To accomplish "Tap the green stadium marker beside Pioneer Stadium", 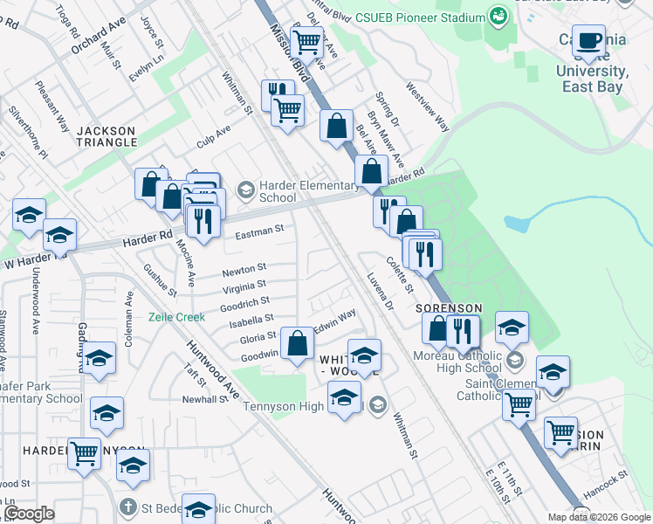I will click(x=498, y=16).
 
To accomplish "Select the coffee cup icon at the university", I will click(x=589, y=40).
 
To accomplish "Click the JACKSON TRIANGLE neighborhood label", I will click(x=107, y=136).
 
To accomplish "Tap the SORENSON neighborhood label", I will click(x=449, y=308).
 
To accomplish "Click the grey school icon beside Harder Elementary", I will click(x=245, y=190).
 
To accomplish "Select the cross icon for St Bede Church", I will click(x=127, y=507).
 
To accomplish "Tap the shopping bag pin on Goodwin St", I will click(x=298, y=343).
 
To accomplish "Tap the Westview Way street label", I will click(x=427, y=107).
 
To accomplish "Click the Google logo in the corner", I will click(x=29, y=514).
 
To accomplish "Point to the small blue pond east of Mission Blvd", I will click(x=516, y=224).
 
